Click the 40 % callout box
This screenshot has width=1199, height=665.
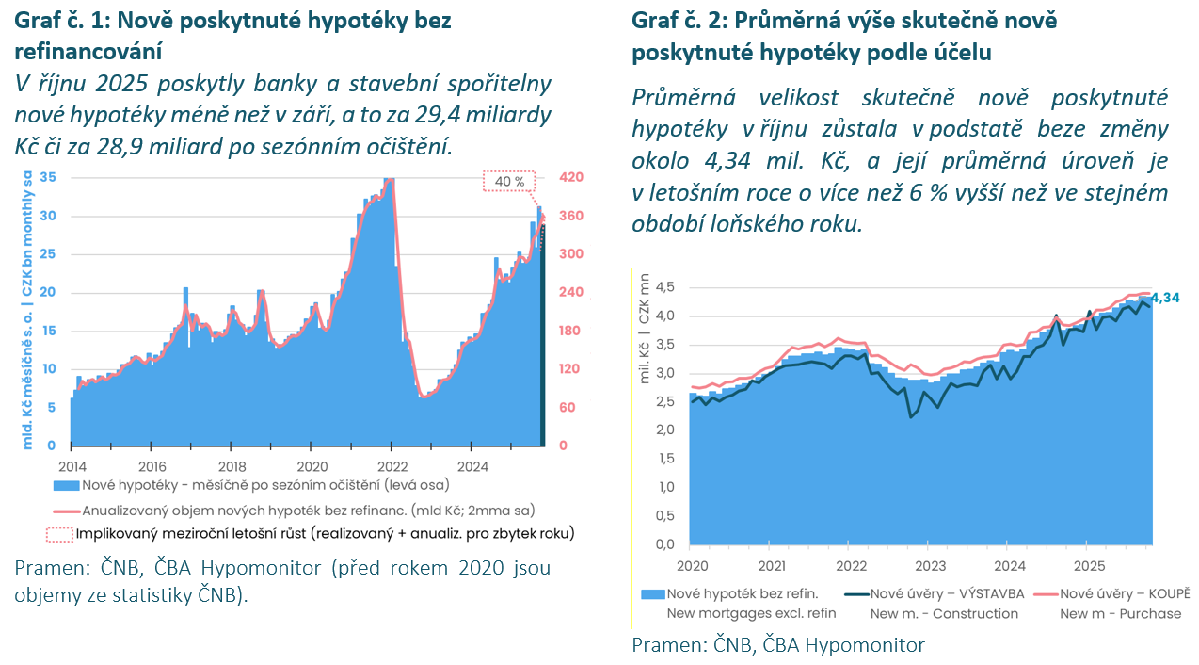click(x=509, y=181)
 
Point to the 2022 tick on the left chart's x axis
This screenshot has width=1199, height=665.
click(x=392, y=465)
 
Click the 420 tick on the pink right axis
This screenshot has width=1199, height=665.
click(x=572, y=177)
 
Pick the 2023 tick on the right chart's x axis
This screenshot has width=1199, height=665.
click(x=931, y=566)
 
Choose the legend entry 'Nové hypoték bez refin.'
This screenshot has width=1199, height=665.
click(x=743, y=593)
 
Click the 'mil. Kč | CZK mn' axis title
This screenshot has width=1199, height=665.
click(x=645, y=329)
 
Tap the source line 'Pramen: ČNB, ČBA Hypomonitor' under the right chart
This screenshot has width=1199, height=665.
click(x=778, y=644)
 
